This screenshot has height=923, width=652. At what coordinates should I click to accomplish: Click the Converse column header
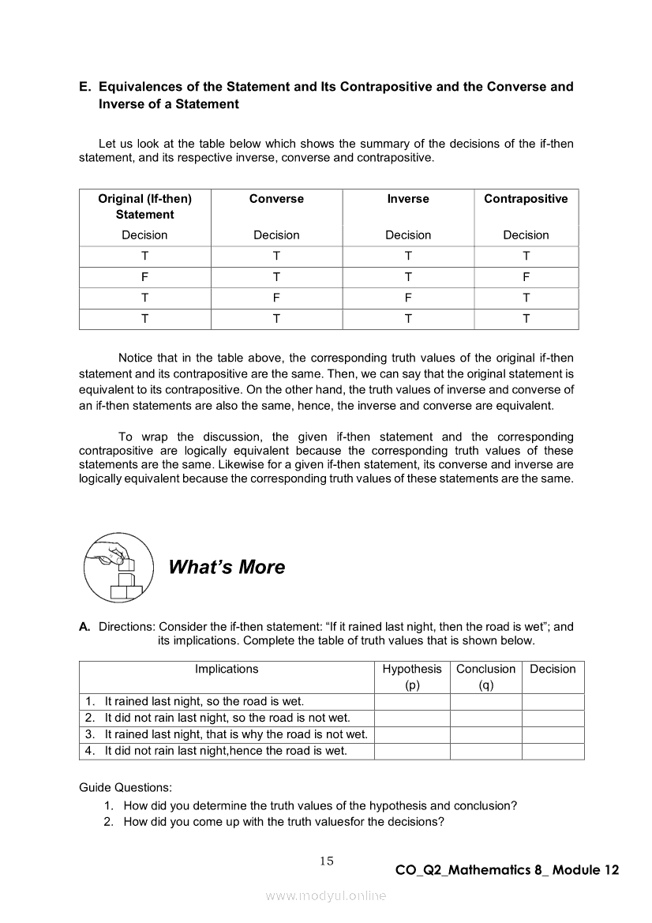pos(276,199)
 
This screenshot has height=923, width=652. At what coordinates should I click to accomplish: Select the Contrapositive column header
pos(526,199)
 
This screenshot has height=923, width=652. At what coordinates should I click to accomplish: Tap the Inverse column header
pos(408,199)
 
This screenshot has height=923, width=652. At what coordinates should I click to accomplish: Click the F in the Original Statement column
pos(144,277)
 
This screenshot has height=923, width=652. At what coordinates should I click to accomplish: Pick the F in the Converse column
pos(276,298)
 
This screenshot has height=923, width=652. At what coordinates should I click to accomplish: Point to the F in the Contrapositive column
pos(526,277)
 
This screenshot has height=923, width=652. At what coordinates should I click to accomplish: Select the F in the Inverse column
pos(408,298)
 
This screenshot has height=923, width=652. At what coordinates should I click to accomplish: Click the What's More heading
pos(227,567)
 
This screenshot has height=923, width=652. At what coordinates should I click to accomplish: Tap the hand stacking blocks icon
pos(118,567)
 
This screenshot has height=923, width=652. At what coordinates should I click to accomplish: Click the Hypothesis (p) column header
pos(412,677)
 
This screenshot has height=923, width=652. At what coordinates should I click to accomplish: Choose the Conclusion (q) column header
pos(485,677)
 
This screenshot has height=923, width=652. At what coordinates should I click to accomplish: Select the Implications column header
pos(227,669)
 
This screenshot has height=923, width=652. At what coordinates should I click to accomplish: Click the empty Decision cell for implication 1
pos(553,701)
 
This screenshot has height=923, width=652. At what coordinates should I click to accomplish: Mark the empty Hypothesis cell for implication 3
pos(412,734)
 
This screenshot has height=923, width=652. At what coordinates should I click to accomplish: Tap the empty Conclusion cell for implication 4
pos(485,751)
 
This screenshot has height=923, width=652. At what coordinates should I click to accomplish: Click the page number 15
pos(327,861)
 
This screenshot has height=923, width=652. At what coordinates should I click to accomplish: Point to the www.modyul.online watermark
pos(326,895)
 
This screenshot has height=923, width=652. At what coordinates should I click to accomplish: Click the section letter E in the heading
pos(84,86)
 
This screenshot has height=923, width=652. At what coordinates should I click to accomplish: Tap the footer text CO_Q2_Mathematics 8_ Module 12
pos(507,870)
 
